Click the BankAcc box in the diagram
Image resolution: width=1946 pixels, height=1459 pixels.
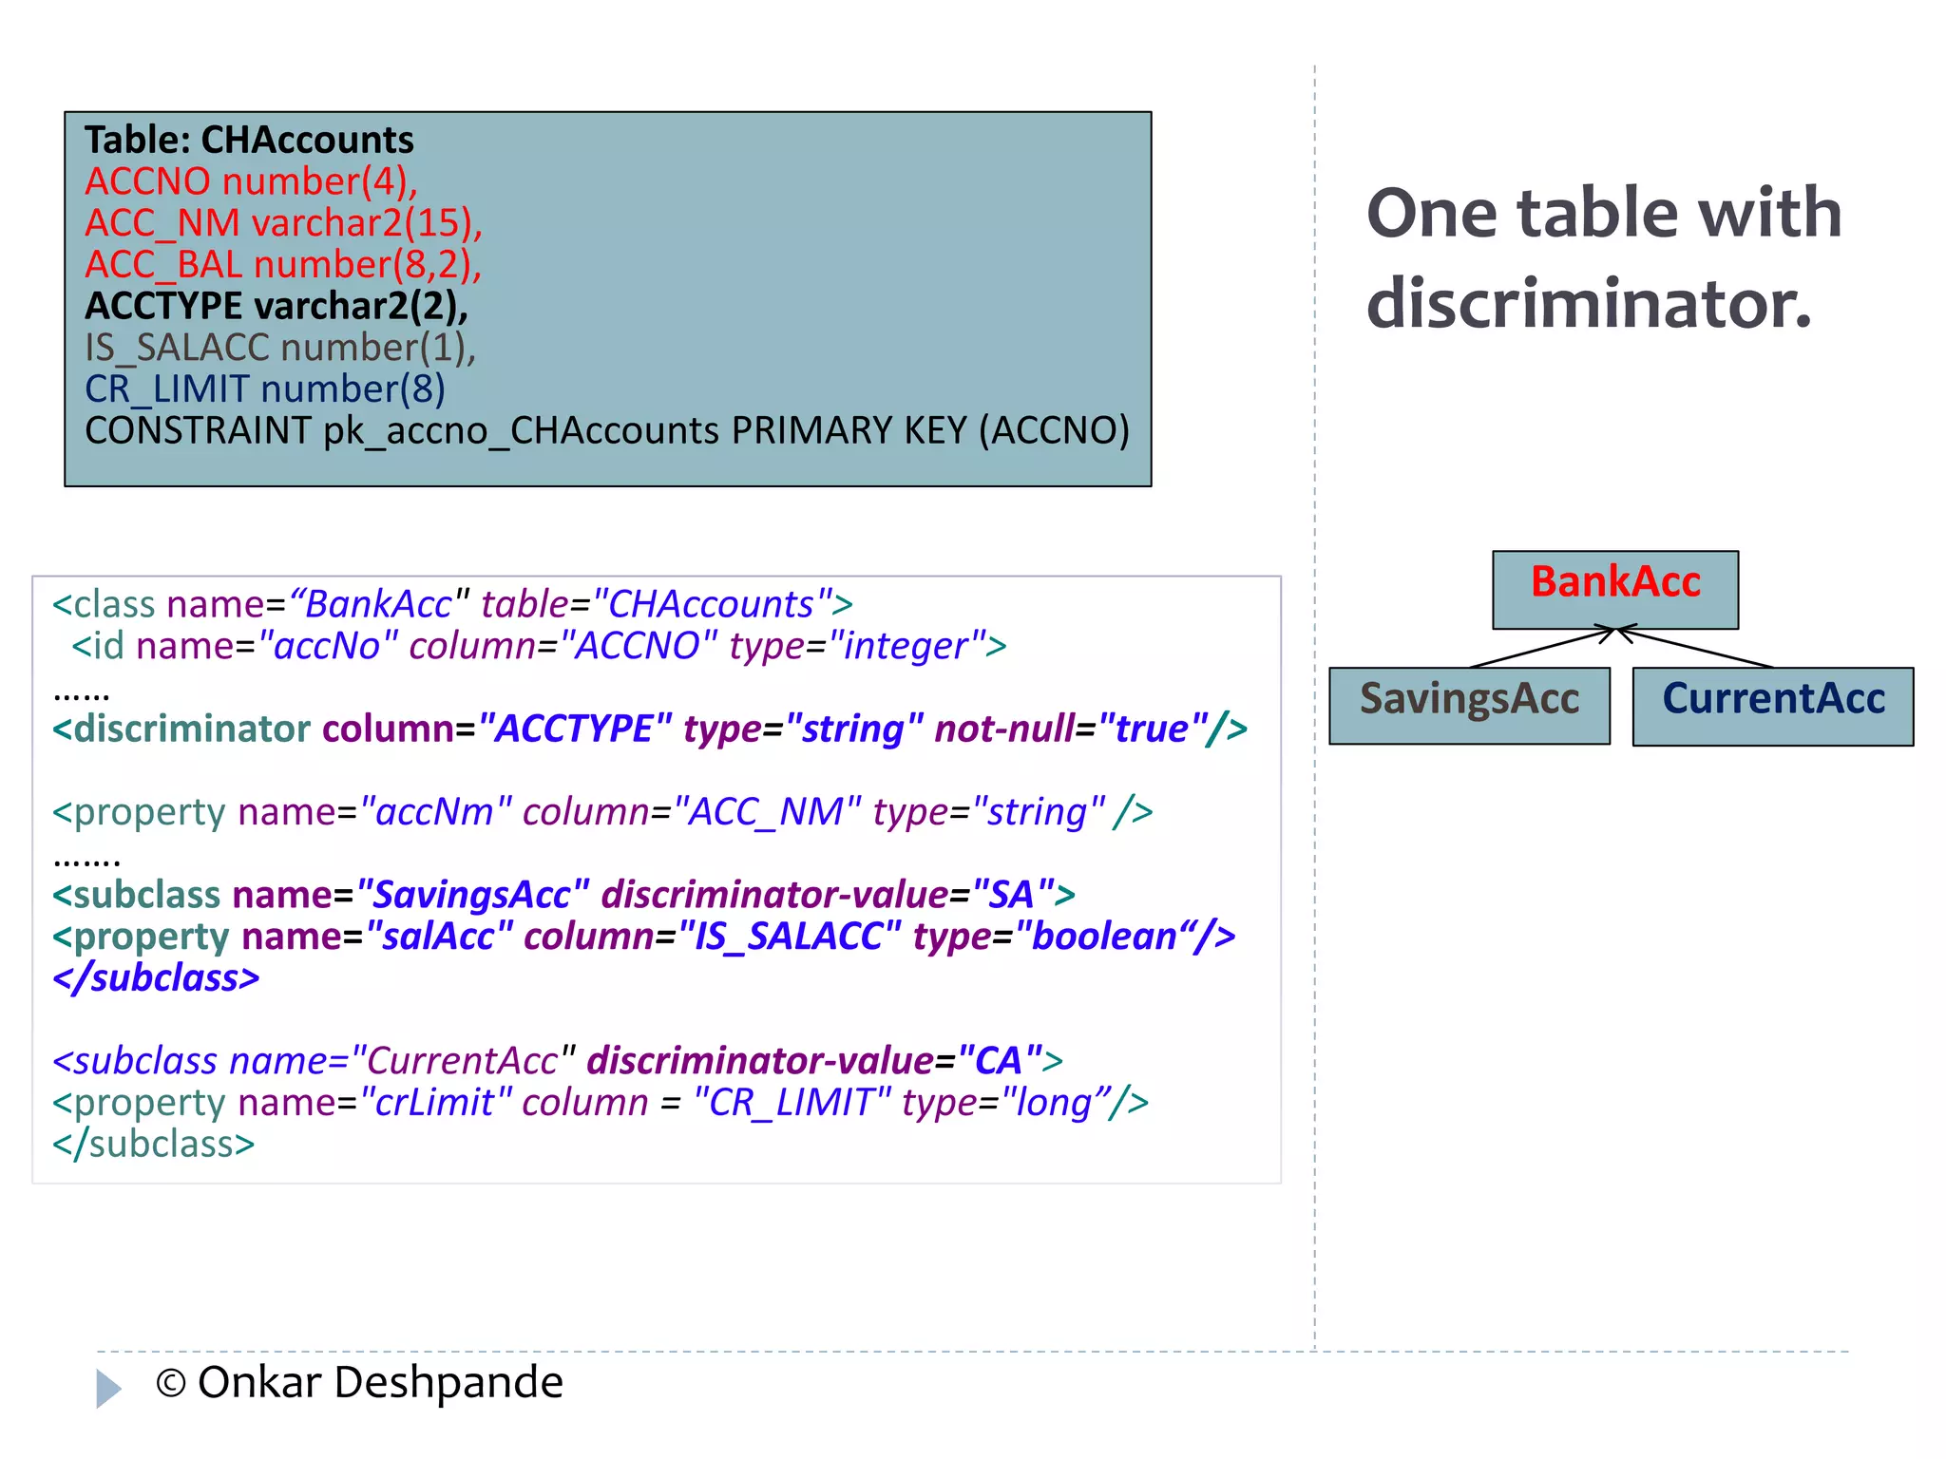[x=1614, y=589]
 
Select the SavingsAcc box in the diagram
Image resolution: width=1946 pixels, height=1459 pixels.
[x=1469, y=705]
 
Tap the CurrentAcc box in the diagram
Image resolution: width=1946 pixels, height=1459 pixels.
[x=1772, y=705]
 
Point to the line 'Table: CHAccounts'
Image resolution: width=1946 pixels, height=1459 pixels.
[x=249, y=141]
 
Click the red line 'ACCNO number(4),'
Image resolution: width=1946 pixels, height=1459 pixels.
[x=251, y=181]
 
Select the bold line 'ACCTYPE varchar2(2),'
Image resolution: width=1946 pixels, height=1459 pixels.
[x=277, y=306]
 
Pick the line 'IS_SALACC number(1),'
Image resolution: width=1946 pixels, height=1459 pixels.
[x=280, y=348]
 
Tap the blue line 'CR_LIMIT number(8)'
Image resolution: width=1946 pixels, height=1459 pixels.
[x=264, y=389]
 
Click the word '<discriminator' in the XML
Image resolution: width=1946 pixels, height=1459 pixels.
[x=181, y=729]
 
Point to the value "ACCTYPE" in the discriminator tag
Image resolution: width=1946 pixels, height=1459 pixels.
[x=575, y=729]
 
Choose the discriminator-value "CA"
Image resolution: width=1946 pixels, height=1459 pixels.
[x=999, y=1061]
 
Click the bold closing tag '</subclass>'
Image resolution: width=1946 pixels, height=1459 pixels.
[x=156, y=978]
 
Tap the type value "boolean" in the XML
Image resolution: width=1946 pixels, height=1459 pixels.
[x=1103, y=937]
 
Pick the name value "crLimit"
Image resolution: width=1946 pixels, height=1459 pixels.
[x=435, y=1103]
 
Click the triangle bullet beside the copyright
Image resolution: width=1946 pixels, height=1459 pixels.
[x=108, y=1388]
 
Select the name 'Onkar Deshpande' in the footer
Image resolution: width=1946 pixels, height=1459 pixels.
[x=380, y=1382]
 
